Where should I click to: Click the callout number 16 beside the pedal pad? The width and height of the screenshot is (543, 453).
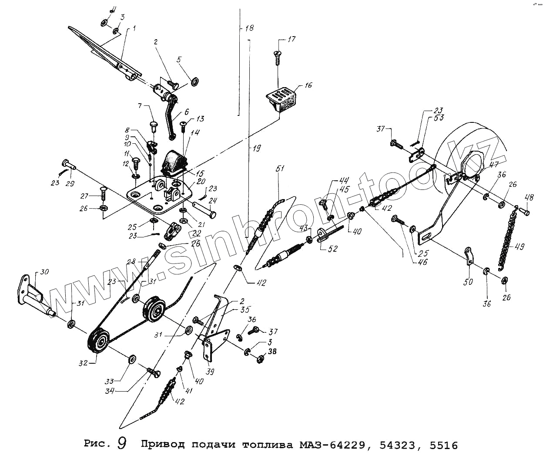coord(308,85)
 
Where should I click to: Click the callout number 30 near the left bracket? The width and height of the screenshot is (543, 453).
coord(44,272)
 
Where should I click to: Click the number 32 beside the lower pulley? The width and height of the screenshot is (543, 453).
coord(83,362)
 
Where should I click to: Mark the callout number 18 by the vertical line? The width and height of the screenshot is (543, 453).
coord(249,28)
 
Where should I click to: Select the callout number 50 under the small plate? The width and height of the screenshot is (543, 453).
coord(468,282)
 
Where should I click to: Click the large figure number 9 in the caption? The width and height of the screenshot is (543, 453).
coord(122,444)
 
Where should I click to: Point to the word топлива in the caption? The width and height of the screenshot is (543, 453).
coord(267,445)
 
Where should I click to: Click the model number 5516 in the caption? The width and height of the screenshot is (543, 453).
coord(443,445)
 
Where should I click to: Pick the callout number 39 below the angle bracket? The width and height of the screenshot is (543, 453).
coord(210,371)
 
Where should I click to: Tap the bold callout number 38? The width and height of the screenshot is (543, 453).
coord(272,352)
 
